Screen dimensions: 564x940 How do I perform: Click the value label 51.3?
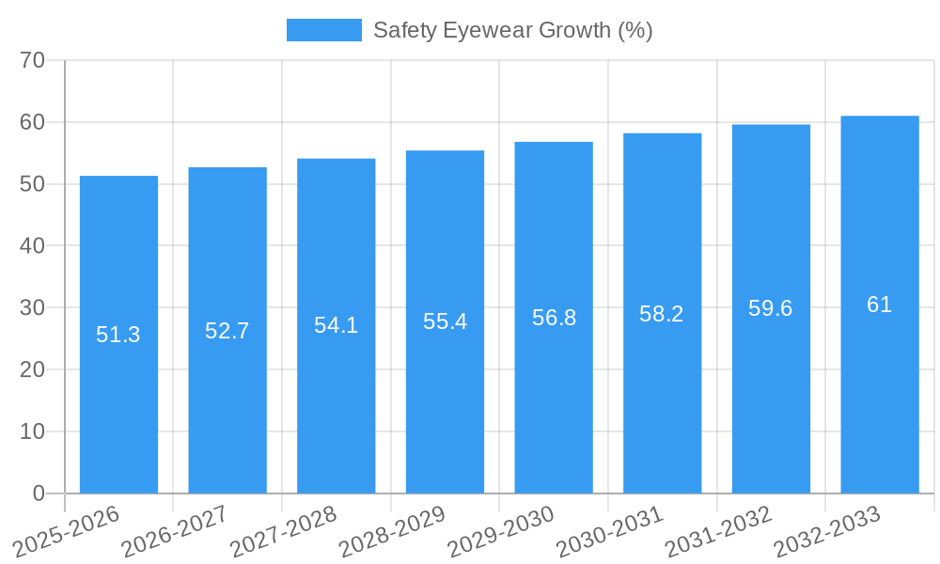click(118, 335)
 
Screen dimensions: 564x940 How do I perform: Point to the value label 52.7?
click(227, 331)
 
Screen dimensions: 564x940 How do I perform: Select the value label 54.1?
click(336, 325)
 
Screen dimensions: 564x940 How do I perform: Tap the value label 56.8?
click(554, 318)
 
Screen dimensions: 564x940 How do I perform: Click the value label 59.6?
click(771, 308)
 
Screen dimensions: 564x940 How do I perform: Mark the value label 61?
click(880, 305)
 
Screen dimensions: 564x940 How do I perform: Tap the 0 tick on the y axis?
click(39, 493)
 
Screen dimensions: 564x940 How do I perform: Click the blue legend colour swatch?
click(324, 30)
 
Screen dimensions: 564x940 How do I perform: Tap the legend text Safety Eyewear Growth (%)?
click(513, 30)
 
